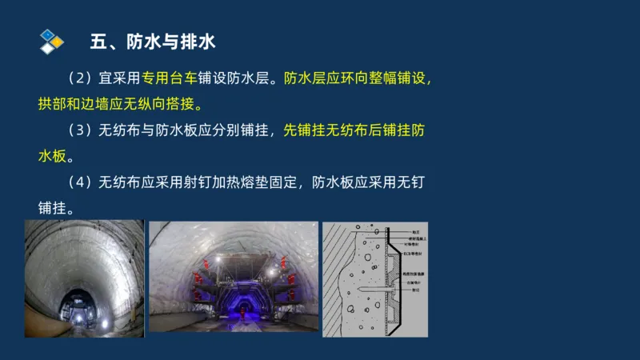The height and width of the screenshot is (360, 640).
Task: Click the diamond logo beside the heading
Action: [x=51, y=41]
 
